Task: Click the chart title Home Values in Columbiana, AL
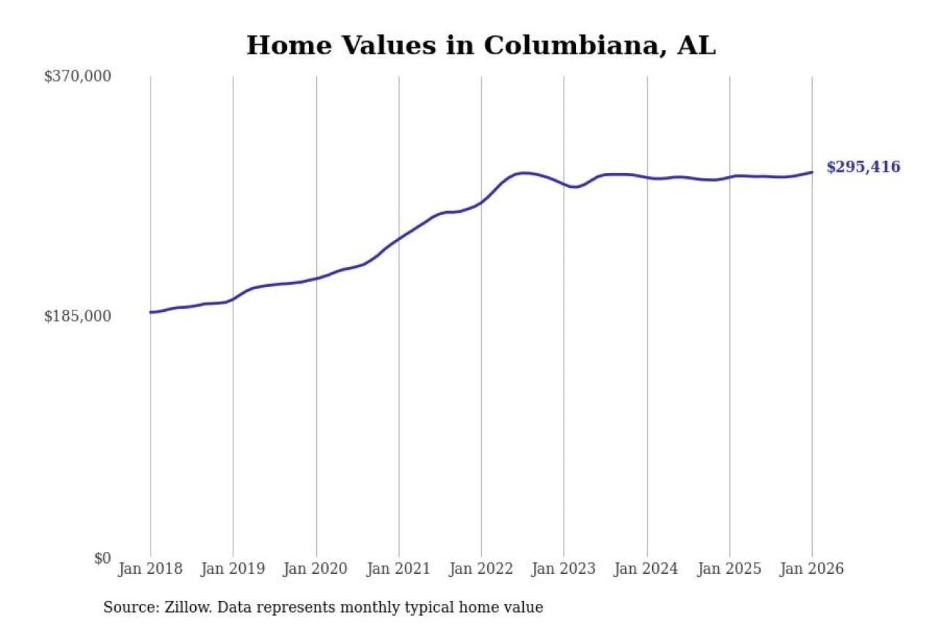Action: pos(481,46)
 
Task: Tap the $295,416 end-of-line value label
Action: pos(863,167)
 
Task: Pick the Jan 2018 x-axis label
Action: pos(150,569)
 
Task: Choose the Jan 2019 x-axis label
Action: pos(233,569)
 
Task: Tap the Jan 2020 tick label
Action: pos(316,569)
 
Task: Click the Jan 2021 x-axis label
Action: pos(399,569)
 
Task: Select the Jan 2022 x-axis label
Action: pos(481,569)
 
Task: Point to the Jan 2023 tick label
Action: pos(564,569)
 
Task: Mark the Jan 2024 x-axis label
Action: pos(647,569)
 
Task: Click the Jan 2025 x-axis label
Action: pos(730,569)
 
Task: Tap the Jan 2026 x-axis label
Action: pos(812,569)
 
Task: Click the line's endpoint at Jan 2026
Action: pos(812,172)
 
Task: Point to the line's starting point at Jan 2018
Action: pos(151,313)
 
